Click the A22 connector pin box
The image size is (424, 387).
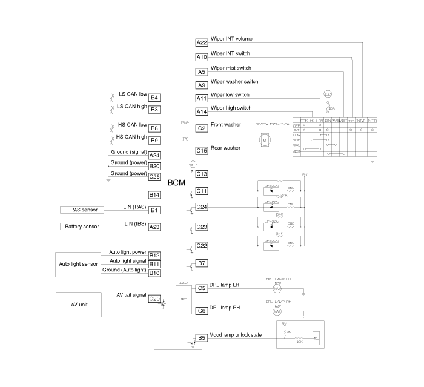pos(202,42)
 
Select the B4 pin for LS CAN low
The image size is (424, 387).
pos(154,98)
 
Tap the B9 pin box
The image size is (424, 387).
pos(154,141)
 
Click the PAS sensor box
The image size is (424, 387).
pos(82,210)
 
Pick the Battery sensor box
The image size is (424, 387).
pos(82,227)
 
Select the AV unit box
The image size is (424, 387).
pos(79,304)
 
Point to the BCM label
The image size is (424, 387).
pos(176,182)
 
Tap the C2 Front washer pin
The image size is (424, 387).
pos(202,128)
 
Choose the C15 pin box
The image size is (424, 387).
pos(202,151)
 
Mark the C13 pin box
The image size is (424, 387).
pos(202,174)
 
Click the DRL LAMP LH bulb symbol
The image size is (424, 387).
pos(279,288)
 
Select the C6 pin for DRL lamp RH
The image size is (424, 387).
pos(202,311)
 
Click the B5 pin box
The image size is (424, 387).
pos(202,338)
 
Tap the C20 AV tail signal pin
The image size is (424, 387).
pos(154,299)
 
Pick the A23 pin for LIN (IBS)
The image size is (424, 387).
pos(154,227)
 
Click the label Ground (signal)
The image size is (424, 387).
pos(128,151)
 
